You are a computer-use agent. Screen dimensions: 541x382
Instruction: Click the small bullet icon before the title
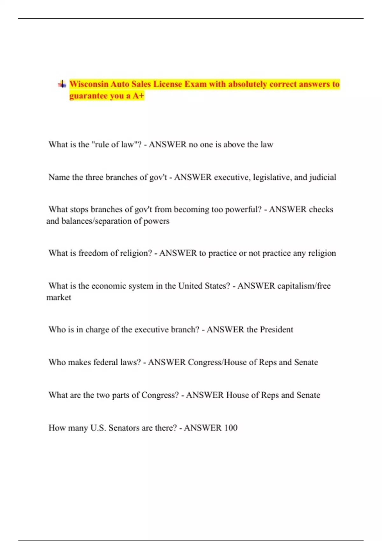(x=62, y=84)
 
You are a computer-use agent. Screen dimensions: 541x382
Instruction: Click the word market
(x=59, y=297)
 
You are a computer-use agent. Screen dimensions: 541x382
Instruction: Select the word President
(x=276, y=329)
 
